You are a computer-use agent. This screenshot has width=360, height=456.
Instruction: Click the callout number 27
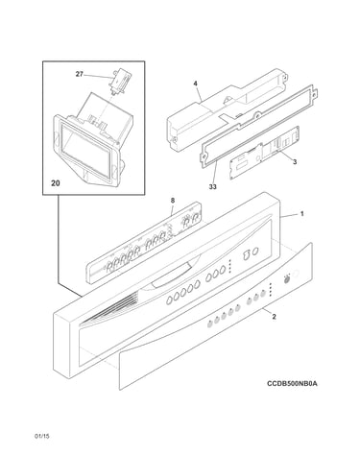click(x=79, y=74)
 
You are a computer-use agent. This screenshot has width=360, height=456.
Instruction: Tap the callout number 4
click(x=195, y=84)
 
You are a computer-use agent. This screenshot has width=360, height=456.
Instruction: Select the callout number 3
click(x=295, y=162)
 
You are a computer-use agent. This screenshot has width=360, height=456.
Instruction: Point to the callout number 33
click(x=213, y=187)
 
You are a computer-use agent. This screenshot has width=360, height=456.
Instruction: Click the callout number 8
click(x=173, y=201)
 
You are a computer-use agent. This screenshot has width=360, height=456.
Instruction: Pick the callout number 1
click(x=301, y=214)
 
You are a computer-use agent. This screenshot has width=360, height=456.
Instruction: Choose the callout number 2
click(x=274, y=317)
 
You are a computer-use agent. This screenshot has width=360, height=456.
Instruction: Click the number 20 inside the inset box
click(x=56, y=183)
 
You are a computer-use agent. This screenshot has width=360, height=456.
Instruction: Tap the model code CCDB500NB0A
click(x=293, y=383)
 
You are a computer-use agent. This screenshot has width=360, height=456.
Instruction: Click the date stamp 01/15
click(x=42, y=436)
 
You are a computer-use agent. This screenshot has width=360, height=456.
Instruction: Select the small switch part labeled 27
click(x=117, y=82)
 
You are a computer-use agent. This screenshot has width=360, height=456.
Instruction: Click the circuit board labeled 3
click(x=264, y=153)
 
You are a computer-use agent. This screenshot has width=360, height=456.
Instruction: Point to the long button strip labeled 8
click(x=144, y=242)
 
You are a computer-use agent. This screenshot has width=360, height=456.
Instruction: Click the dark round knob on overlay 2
click(x=287, y=278)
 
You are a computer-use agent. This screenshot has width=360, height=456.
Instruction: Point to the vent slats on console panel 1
click(x=108, y=310)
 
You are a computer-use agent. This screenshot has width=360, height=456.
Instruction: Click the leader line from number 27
click(x=97, y=76)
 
